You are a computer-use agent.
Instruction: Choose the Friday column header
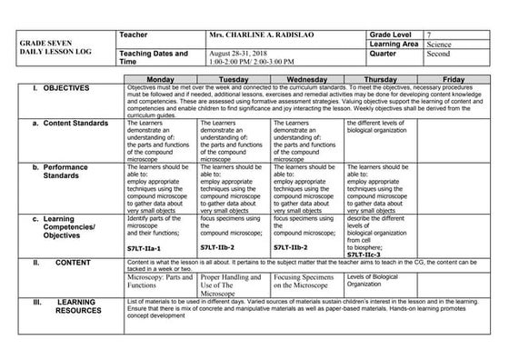(454, 80)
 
